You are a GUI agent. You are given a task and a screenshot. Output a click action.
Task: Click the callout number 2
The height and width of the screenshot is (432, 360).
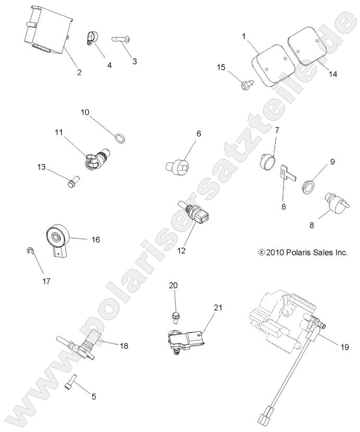tap(79, 72)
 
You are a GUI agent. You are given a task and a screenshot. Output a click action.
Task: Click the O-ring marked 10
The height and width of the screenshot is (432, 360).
tap(119, 137)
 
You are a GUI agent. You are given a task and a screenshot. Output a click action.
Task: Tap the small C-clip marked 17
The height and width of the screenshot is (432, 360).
tap(31, 252)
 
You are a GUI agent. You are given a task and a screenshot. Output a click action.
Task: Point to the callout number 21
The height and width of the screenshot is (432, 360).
tap(217, 308)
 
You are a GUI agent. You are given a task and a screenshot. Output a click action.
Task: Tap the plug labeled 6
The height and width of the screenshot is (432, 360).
tap(177, 167)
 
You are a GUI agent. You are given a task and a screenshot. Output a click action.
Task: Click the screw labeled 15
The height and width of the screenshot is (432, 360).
tap(247, 83)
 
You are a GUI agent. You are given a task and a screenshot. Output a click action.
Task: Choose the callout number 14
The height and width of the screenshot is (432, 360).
tap(333, 74)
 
